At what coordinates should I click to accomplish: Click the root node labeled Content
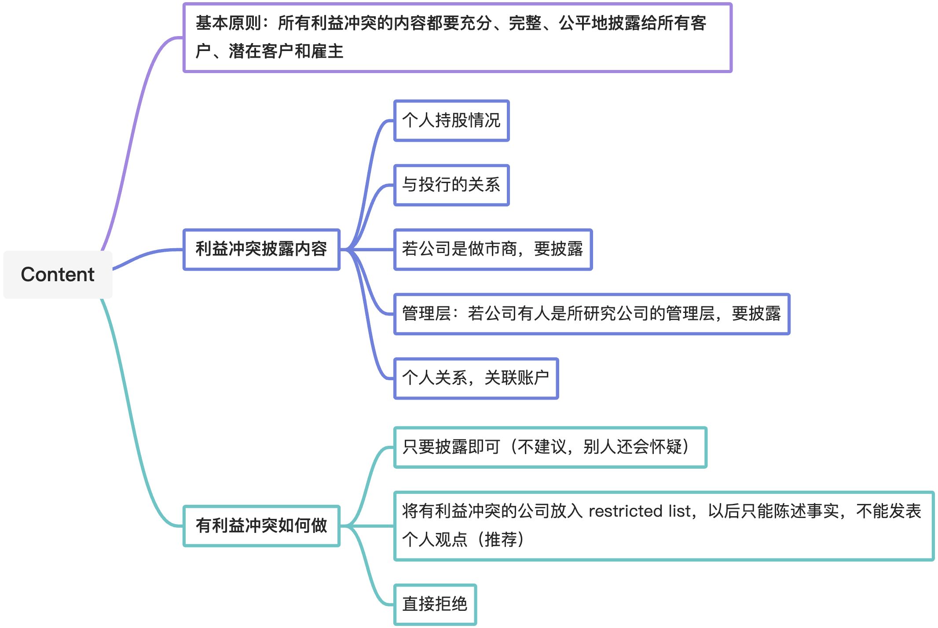[58, 275]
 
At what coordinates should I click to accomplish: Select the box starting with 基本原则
[457, 37]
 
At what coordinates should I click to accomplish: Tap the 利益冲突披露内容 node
[261, 249]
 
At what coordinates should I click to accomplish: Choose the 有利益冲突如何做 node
[261, 525]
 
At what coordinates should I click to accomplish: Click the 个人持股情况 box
[451, 121]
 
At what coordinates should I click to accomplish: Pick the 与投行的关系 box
[451, 185]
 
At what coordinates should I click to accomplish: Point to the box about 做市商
[493, 249]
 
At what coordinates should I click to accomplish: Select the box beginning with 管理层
[591, 314]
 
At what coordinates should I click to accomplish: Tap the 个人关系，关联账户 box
[476, 378]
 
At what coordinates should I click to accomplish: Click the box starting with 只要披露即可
[550, 447]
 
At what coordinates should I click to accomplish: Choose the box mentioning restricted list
[663, 525]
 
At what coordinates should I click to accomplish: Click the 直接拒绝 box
[435, 604]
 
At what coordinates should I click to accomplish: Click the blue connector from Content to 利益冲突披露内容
[145, 255]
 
